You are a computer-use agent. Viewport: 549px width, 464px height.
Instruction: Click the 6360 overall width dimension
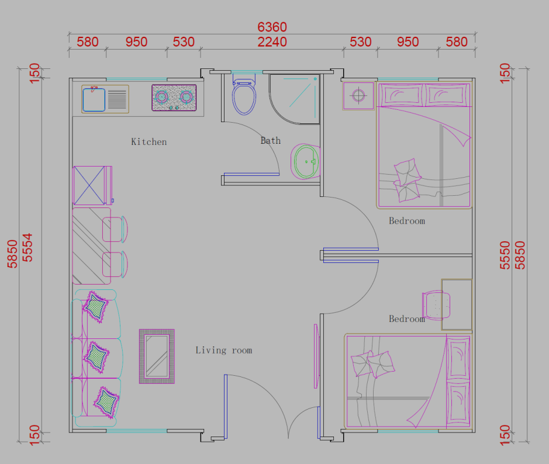(x=272, y=27)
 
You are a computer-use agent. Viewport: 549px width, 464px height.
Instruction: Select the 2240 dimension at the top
(x=272, y=42)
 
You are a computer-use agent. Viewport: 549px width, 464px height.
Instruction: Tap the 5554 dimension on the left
(x=27, y=247)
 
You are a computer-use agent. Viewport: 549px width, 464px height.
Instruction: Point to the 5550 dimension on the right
(x=505, y=255)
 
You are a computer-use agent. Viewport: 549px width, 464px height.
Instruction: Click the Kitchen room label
(x=149, y=142)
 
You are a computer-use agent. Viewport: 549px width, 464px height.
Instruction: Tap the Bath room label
(x=270, y=141)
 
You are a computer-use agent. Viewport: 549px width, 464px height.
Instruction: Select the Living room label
(x=224, y=350)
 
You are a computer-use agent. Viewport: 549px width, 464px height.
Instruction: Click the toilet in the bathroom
(x=244, y=96)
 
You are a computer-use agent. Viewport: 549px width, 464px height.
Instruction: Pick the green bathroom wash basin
(x=305, y=161)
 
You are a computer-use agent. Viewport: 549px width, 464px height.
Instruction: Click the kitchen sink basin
(x=94, y=100)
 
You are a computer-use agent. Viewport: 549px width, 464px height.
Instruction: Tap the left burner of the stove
(x=161, y=97)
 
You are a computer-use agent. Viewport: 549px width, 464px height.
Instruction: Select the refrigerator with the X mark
(x=92, y=185)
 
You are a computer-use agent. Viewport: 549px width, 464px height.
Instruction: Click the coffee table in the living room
(x=157, y=356)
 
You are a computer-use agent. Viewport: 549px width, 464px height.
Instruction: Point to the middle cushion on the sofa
(x=96, y=357)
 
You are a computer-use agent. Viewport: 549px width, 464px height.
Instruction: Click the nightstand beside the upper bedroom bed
(x=358, y=95)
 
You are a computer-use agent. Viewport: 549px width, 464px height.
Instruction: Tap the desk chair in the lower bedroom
(x=436, y=305)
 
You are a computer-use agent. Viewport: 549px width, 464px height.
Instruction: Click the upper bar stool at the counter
(x=115, y=229)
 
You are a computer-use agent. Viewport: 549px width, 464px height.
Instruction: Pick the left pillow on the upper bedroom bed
(x=401, y=95)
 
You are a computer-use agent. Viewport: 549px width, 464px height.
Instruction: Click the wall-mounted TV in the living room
(x=316, y=356)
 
